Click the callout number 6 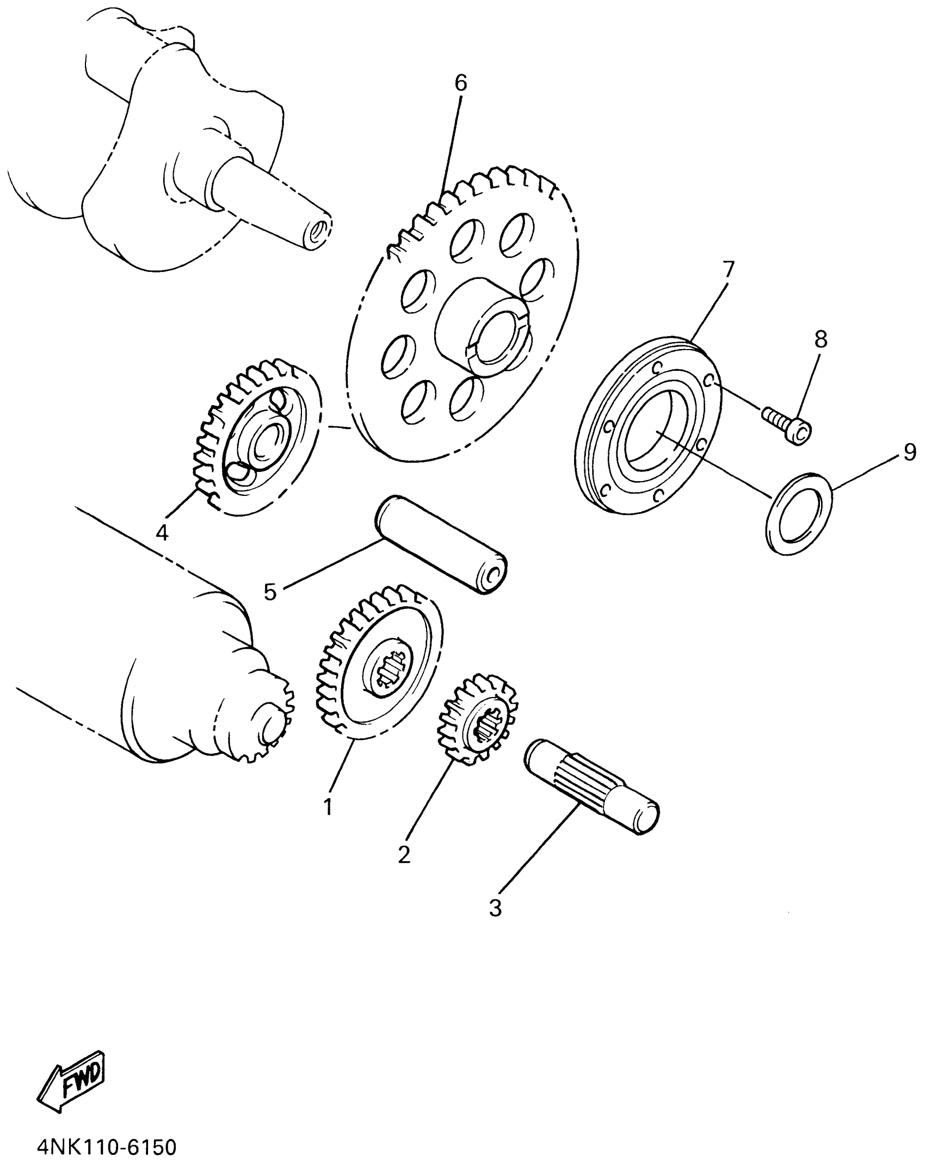click(x=460, y=83)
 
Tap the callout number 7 click(x=728, y=269)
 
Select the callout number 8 click(x=821, y=339)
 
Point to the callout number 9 click(x=910, y=452)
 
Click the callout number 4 click(x=162, y=533)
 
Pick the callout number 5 click(x=270, y=592)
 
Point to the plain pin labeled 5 click(x=442, y=545)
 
